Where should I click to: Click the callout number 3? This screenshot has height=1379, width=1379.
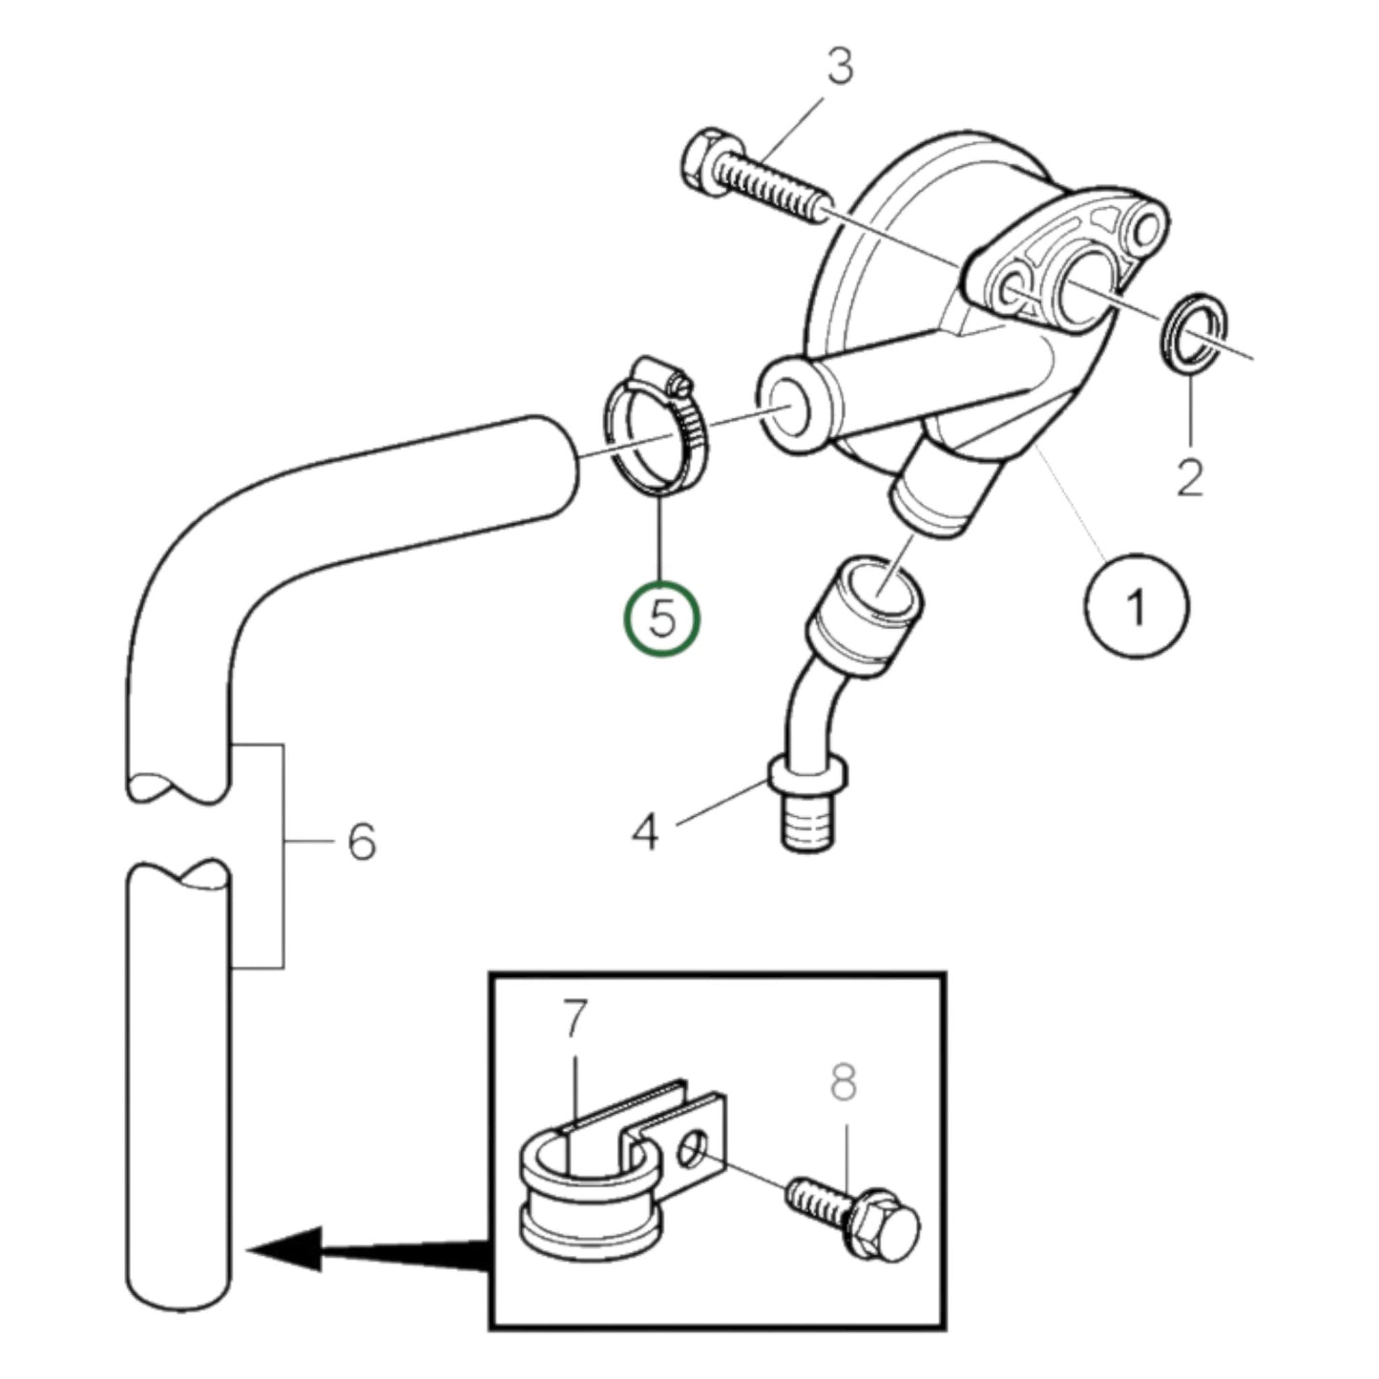point(839,67)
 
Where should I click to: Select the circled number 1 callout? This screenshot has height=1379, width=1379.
point(1137,605)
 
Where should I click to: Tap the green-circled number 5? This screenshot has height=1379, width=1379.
point(661,617)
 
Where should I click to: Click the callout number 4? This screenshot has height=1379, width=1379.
point(645,831)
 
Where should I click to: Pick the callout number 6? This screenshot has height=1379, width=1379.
point(361,842)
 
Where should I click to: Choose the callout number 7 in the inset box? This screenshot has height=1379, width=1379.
point(573,1019)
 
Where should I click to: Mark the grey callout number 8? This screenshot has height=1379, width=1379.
point(844,1082)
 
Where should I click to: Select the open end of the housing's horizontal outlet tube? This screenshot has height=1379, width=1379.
point(788,406)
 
